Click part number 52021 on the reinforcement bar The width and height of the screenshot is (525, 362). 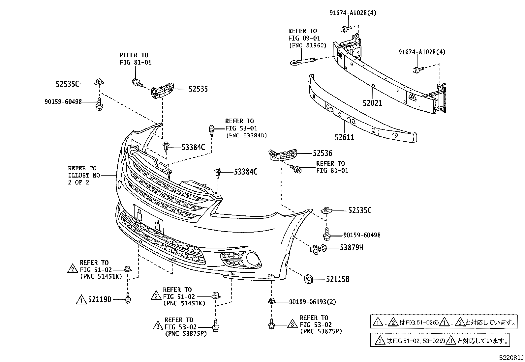click(x=372, y=103)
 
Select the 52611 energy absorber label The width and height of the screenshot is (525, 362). click(x=344, y=137)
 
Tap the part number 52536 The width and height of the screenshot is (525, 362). click(x=323, y=153)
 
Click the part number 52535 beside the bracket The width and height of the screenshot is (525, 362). click(x=198, y=89)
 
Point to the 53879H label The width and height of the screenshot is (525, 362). click(x=351, y=247)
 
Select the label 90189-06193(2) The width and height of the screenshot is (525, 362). click(x=312, y=302)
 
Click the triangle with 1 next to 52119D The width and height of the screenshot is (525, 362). click(x=81, y=300)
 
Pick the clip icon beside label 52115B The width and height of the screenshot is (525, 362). click(x=308, y=279)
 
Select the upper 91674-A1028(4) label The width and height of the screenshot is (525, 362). click(x=353, y=13)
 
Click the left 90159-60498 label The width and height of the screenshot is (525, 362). click(x=63, y=102)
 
